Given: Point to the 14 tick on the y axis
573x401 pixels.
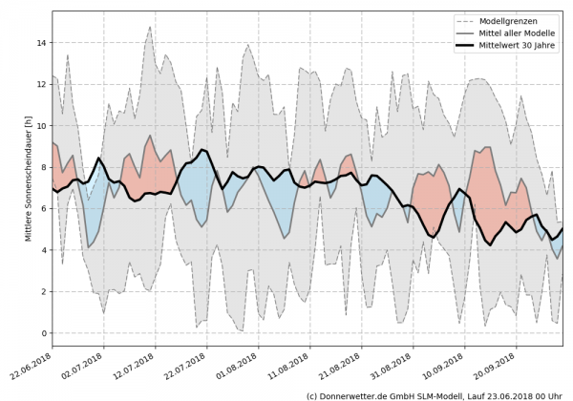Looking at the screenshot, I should point(43,43).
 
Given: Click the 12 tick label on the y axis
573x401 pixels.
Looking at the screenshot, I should point(43,84).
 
